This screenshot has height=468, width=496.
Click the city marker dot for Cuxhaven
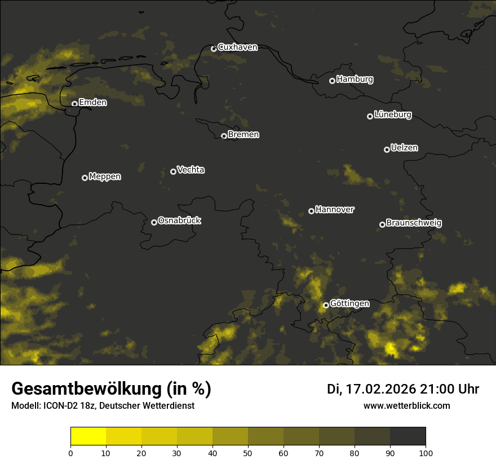tap(214, 48)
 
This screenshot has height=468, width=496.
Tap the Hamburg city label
tap(355, 80)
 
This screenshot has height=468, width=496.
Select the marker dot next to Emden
tap(74, 104)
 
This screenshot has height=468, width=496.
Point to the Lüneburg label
tap(392, 115)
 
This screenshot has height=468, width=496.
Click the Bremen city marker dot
tap(224, 136)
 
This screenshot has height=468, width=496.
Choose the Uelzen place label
tap(404, 148)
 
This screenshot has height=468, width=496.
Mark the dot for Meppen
tap(85, 178)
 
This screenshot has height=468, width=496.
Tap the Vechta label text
tap(191, 170)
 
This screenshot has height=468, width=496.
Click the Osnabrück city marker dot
tap(154, 222)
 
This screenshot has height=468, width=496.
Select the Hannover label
tap(334, 210)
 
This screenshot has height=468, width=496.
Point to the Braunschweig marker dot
tap(382, 224)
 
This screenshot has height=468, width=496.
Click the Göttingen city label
tap(349, 304)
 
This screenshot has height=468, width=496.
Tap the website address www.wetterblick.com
tap(406, 405)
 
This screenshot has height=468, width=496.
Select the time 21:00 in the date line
tap(435, 389)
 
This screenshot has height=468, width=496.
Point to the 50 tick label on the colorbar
tap(248, 452)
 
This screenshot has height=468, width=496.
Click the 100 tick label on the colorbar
tap(426, 452)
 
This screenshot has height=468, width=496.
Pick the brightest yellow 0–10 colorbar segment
tap(88, 436)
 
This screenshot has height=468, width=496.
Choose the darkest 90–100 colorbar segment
tap(408, 436)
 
